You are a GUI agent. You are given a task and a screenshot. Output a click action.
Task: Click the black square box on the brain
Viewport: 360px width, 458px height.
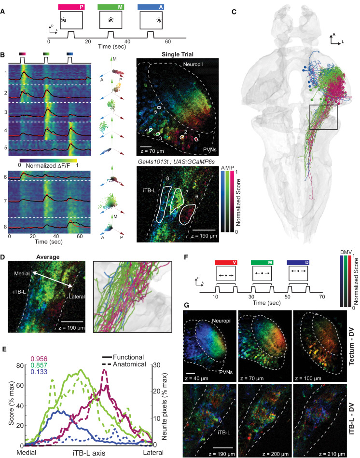pyautogui.click(x=323, y=116)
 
